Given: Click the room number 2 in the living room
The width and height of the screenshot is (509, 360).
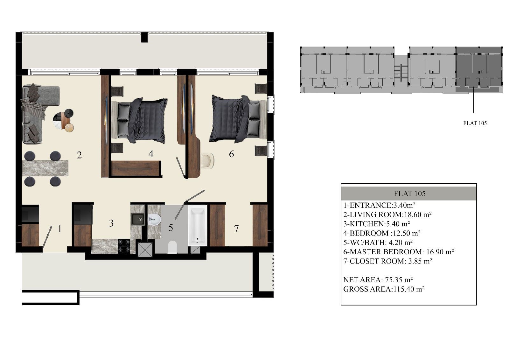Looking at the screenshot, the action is click(x=79, y=155).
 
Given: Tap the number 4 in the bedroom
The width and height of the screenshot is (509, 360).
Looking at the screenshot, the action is click(x=151, y=154).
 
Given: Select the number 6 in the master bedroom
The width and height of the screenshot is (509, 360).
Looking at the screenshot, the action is click(x=231, y=154).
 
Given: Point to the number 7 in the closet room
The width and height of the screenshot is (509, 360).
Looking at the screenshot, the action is click(x=236, y=229).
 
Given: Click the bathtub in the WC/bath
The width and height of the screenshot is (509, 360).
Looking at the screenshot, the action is click(x=197, y=226).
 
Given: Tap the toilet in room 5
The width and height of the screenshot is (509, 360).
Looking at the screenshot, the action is click(x=172, y=247).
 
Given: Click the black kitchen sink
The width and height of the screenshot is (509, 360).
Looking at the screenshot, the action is click(x=137, y=219).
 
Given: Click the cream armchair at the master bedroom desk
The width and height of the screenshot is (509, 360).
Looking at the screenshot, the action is click(x=207, y=161).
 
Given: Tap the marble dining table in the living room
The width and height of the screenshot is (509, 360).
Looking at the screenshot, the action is click(x=45, y=168).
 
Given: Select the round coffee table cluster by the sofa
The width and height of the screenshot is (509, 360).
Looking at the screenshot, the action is click(x=63, y=121).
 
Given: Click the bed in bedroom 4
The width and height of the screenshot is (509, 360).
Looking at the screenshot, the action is click(x=139, y=121).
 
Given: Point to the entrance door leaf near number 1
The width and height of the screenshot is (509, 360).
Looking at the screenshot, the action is click(x=47, y=236).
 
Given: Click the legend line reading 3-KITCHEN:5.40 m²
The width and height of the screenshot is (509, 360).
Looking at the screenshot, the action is click(x=377, y=224).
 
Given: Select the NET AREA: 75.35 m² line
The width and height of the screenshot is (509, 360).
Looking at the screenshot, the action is click(x=378, y=280).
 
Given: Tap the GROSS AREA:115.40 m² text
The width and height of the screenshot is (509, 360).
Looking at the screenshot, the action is click(x=384, y=289).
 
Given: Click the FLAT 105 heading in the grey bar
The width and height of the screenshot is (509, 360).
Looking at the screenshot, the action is click(x=409, y=194).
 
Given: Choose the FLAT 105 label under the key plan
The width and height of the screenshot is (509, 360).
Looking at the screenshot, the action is click(x=475, y=123).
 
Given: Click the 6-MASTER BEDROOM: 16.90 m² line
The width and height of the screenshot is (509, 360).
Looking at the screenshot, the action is click(x=399, y=252).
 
